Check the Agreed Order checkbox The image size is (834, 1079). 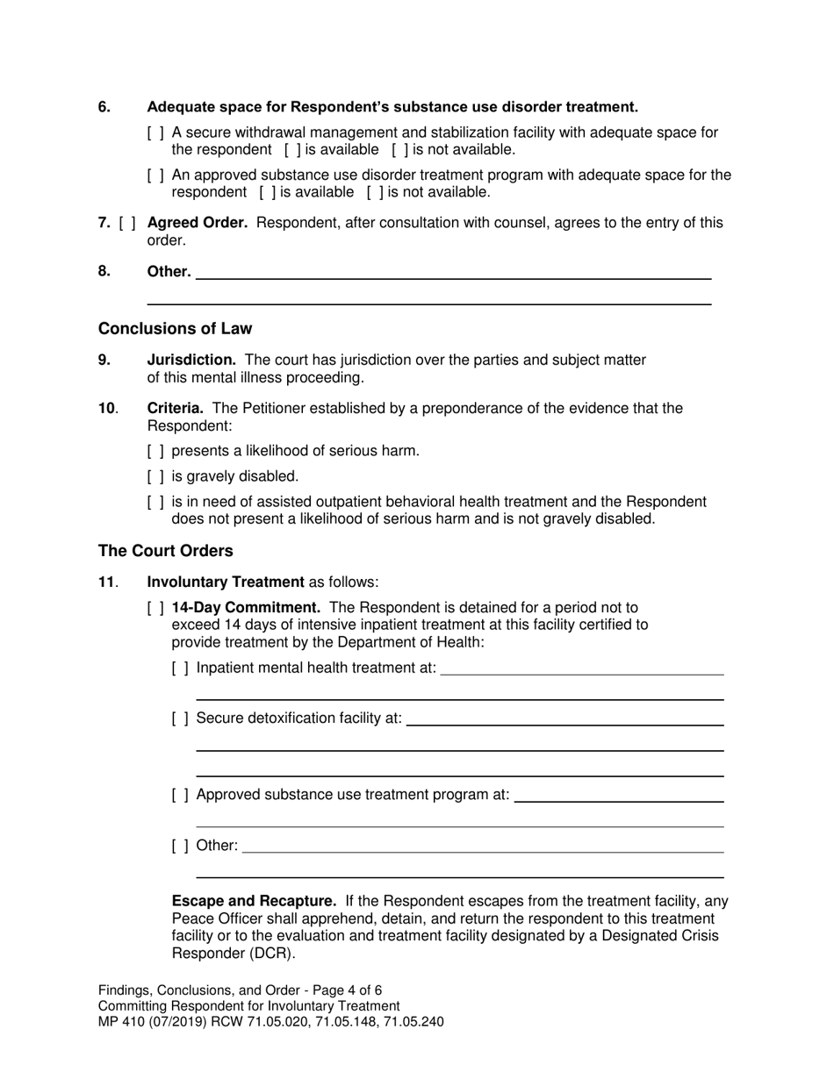pyautogui.click(x=127, y=223)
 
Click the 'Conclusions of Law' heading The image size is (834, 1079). pyautogui.click(x=175, y=329)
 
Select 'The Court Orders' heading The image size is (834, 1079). pyautogui.click(x=165, y=551)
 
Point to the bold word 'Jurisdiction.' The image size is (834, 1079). pyautogui.click(x=191, y=360)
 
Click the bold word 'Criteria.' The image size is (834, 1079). pyautogui.click(x=175, y=408)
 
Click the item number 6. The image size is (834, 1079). pyautogui.click(x=104, y=107)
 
